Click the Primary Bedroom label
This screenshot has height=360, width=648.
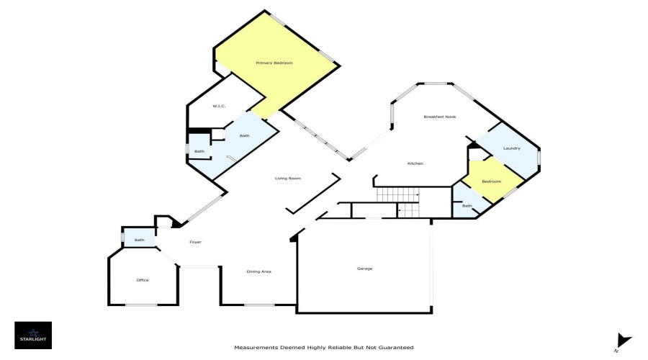point(274,63)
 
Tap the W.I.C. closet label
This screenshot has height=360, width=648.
point(219,107)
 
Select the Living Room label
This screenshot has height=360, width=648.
point(288,178)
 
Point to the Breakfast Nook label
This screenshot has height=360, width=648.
point(440,117)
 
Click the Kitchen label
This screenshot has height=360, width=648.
point(415,163)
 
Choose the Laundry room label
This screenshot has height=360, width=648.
point(512,148)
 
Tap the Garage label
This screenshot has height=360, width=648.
point(364,269)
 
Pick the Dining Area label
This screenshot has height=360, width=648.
point(258,271)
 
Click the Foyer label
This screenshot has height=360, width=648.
point(195,242)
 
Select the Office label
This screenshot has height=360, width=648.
point(143,280)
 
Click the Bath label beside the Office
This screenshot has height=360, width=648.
point(139,240)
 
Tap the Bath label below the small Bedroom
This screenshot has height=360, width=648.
point(467,206)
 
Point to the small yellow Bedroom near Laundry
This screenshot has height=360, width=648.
point(491,181)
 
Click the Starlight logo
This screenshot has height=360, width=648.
point(33,336)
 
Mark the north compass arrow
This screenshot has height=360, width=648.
point(624,341)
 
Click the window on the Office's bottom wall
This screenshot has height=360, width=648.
point(141,305)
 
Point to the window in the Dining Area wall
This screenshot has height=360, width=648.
point(259,305)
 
